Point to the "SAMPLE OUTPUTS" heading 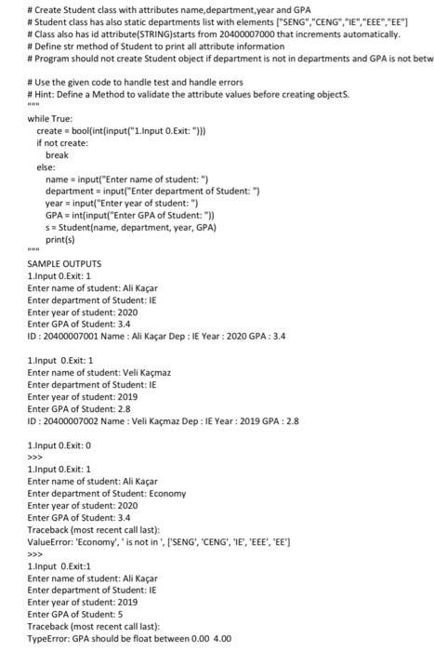(x=65, y=264)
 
